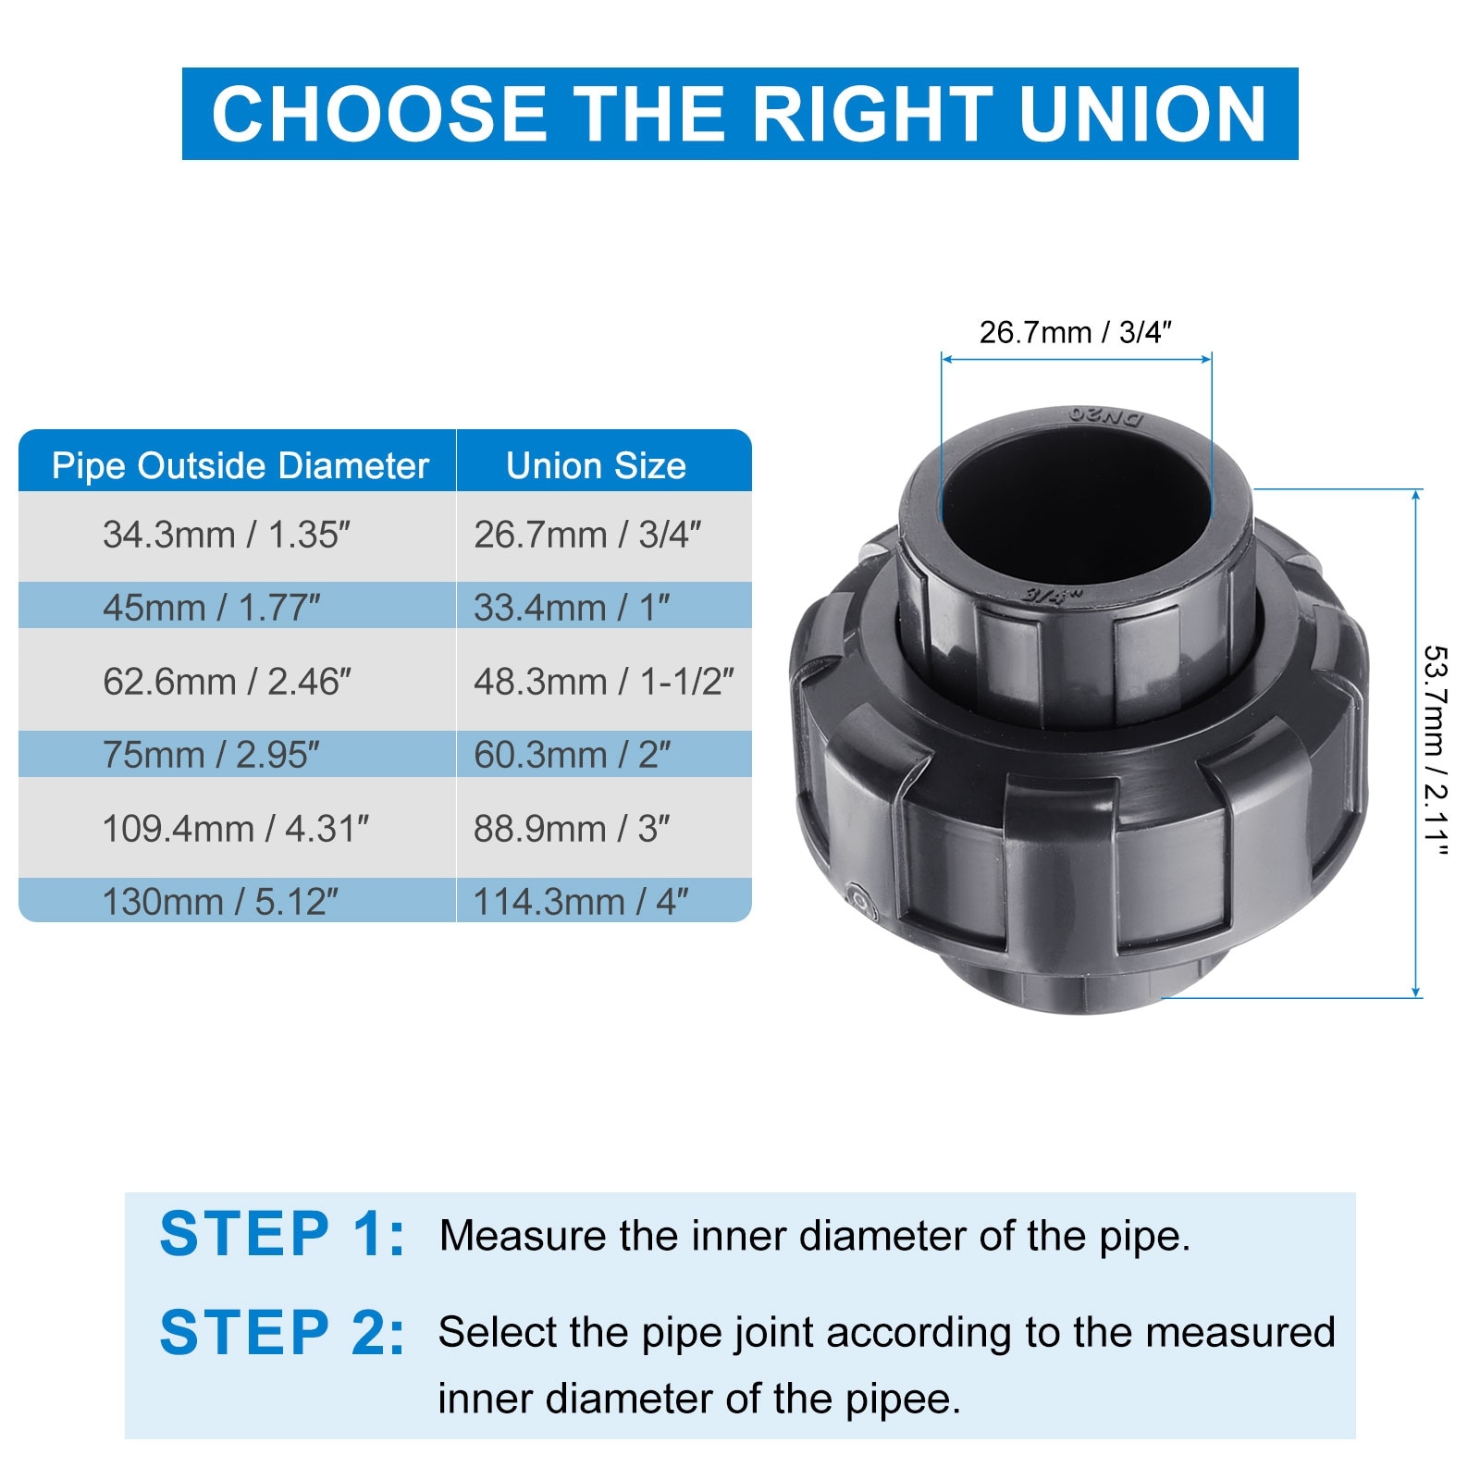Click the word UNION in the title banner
click(x=1142, y=114)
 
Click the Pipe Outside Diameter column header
click(x=240, y=465)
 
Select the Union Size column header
click(x=596, y=465)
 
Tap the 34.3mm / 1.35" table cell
click(x=227, y=535)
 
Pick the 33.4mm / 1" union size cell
click(x=572, y=607)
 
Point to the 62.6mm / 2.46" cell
click(x=227, y=682)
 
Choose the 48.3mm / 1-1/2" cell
click(x=603, y=682)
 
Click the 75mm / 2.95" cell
click(x=211, y=755)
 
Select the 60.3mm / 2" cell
click(x=572, y=755)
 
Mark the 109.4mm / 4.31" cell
click(x=236, y=829)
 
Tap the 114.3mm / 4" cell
click(x=581, y=901)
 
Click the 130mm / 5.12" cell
click(x=220, y=901)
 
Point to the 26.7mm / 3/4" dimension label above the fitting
click(x=1076, y=332)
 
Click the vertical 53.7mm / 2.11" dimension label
click(x=1435, y=751)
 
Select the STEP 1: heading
click(x=282, y=1234)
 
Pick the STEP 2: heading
click(x=282, y=1333)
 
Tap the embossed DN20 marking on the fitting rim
click(x=1106, y=416)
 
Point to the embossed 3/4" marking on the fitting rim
click(x=1052, y=595)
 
